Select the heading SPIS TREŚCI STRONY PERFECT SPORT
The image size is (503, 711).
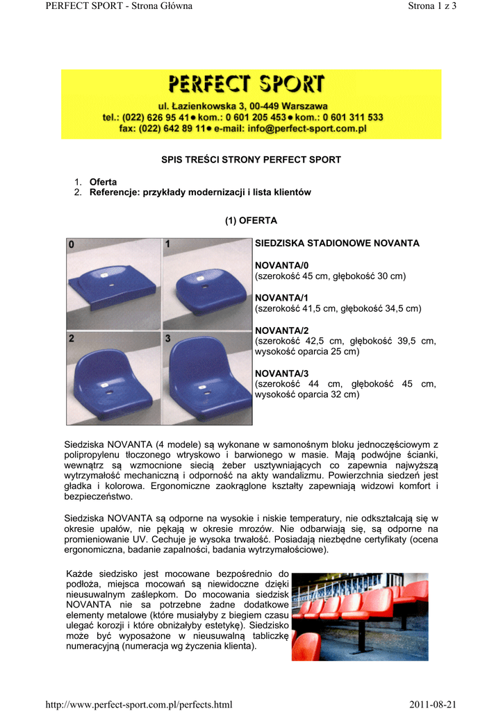pos(251,160)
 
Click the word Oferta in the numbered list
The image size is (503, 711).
pos(104,182)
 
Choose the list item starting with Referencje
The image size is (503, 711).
pos(200,192)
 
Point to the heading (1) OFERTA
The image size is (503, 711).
pos(251,221)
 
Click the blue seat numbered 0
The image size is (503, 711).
pos(115,281)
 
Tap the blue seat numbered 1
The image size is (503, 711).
pos(207,282)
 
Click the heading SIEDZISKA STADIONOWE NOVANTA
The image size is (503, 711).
pos(338,244)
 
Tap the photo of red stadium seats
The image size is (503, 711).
pos(360,616)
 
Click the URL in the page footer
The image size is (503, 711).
pos(138,705)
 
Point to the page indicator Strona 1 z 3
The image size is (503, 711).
pos(431,6)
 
